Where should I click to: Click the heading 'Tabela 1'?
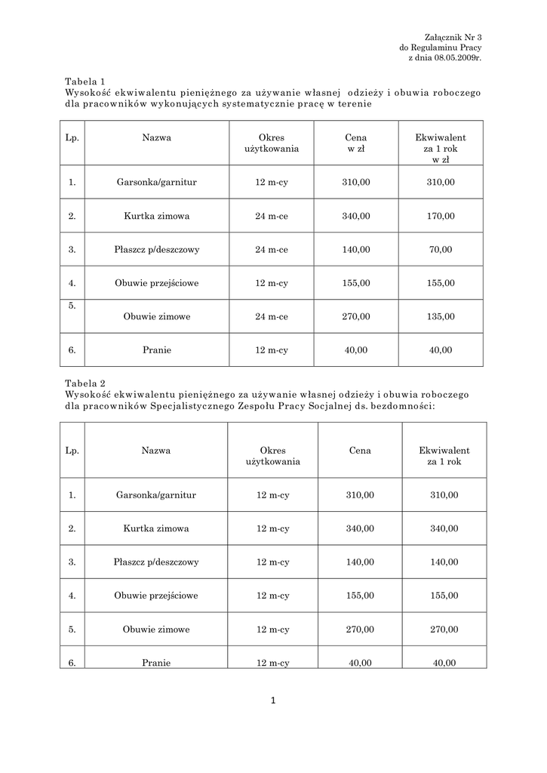(x=85, y=81)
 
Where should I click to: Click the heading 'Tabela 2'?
(x=85, y=383)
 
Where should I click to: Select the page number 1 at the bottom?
(x=273, y=701)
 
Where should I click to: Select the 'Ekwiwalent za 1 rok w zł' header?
(x=440, y=149)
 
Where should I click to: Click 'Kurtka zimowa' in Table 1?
(x=157, y=216)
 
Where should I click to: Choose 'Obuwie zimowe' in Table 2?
(x=156, y=629)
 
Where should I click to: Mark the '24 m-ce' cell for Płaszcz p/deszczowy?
(x=272, y=249)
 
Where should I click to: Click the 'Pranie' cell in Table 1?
(x=157, y=350)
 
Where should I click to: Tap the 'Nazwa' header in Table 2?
(x=156, y=451)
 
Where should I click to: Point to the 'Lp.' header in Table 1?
(x=72, y=138)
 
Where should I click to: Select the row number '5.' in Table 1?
(x=72, y=306)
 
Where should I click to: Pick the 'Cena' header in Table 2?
(x=360, y=451)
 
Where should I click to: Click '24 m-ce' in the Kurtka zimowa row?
(x=272, y=216)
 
